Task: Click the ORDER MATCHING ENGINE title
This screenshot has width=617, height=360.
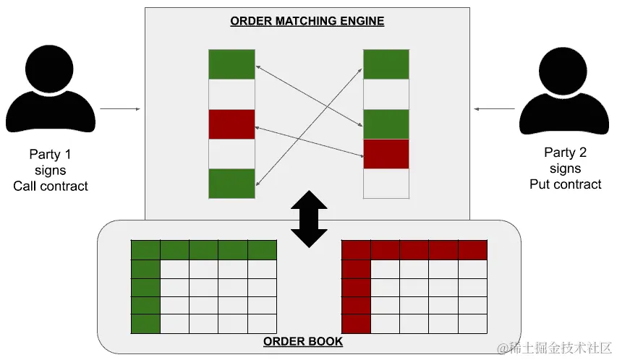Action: (307, 21)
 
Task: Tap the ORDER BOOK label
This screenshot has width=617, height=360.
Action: (303, 341)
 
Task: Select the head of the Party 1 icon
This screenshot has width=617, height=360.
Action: (49, 69)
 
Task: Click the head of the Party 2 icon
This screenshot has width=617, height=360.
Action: (563, 71)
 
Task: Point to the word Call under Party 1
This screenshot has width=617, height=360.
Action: (25, 186)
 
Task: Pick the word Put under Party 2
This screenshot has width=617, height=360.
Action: (540, 184)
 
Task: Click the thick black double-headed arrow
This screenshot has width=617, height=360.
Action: (309, 219)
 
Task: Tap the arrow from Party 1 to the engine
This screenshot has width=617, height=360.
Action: (120, 109)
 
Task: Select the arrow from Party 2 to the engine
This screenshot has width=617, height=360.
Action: (494, 109)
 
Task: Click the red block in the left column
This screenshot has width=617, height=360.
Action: (231, 124)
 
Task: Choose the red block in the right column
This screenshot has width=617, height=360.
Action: (386, 154)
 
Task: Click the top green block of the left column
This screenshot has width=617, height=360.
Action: (231, 64)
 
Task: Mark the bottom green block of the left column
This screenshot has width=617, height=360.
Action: (231, 184)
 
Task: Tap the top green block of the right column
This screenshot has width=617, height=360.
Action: (386, 64)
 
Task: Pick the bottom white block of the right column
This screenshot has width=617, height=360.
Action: (386, 184)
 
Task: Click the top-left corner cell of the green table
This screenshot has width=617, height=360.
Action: (145, 250)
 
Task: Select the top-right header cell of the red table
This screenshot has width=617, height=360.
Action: (472, 250)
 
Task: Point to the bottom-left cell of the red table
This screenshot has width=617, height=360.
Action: (356, 324)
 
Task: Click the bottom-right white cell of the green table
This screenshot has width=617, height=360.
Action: (262, 324)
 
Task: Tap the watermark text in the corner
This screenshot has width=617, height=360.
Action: (555, 348)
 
